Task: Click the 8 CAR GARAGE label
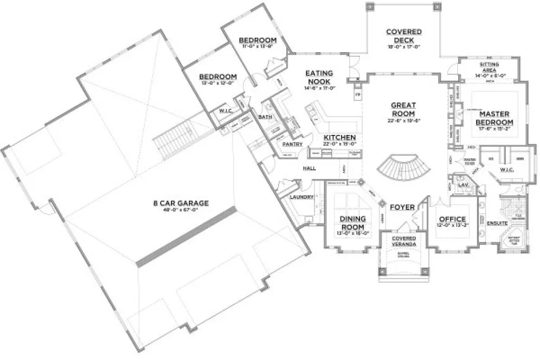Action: click(x=181, y=204)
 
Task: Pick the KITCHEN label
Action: click(x=340, y=138)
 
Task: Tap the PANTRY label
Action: click(x=293, y=144)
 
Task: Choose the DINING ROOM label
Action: click(x=352, y=223)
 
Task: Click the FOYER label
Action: click(x=402, y=207)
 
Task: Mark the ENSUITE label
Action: click(x=497, y=223)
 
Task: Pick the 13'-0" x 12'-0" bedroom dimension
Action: click(x=217, y=83)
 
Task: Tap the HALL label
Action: click(x=310, y=169)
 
